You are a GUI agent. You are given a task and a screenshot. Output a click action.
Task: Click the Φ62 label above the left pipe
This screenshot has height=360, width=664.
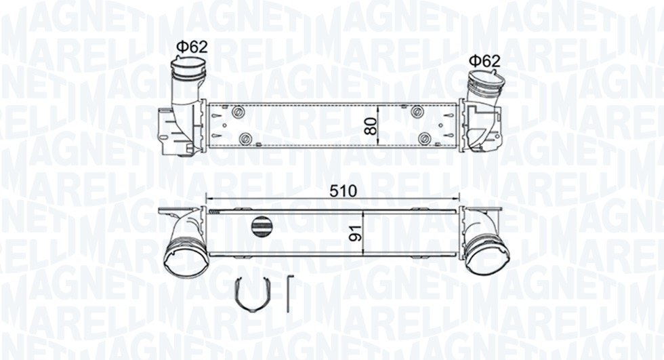click(x=192, y=47)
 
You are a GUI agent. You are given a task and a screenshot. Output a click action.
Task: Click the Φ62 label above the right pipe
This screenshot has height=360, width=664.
click(x=484, y=61)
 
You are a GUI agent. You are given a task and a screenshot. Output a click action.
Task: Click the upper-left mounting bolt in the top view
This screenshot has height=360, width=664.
click(x=238, y=113)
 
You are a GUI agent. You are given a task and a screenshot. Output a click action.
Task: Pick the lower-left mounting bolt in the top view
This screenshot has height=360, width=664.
click(x=246, y=140)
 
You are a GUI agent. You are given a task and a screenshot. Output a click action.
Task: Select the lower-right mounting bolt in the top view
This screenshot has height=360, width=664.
click(x=425, y=140)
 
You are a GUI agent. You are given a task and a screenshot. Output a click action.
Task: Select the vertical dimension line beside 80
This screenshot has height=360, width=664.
click(x=377, y=126)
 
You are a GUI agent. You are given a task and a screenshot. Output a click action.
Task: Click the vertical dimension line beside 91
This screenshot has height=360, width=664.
click(x=364, y=233)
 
